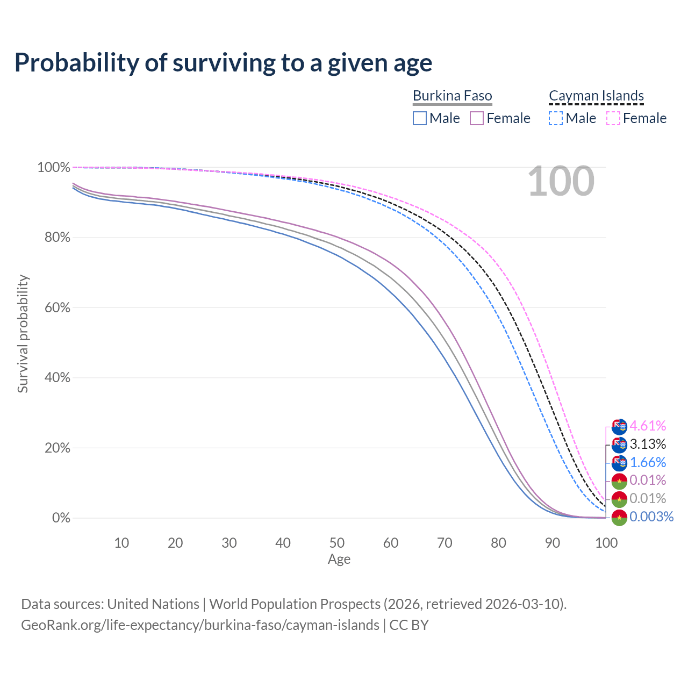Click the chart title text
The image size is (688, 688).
[x=223, y=63]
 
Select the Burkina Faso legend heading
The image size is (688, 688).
[x=452, y=96]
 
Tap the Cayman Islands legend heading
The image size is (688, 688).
[x=596, y=96]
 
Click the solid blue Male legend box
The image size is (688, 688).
[x=420, y=118]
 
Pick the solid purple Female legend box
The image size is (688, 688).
[x=477, y=118]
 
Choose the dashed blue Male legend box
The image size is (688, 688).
[x=556, y=118]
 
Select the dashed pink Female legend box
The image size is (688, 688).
[x=613, y=118]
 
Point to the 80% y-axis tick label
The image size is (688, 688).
[x=54, y=238]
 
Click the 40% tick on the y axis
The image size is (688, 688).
[x=54, y=378]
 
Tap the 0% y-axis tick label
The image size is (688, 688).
[x=61, y=518]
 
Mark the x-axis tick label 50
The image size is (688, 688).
[x=337, y=543]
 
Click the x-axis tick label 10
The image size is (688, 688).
[x=121, y=543]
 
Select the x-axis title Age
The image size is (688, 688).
[x=339, y=560]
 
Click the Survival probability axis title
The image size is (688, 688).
[x=23, y=334]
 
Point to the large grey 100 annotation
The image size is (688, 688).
[x=561, y=182]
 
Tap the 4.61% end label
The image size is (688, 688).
[x=648, y=426]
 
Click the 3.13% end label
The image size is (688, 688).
[x=648, y=445]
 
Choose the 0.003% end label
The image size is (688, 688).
[x=651, y=517]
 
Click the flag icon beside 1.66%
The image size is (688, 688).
[x=619, y=463]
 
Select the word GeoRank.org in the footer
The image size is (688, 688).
[x=61, y=626]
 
